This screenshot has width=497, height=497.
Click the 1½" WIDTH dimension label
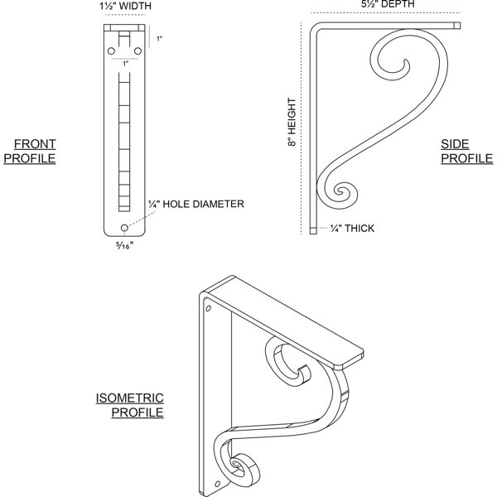125,6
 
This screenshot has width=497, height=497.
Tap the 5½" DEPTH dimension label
388,4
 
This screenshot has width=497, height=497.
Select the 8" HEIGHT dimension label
292,122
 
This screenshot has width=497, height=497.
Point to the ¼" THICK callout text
352,229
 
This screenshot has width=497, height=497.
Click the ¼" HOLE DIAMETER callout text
196,204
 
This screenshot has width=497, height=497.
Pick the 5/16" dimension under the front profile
124,245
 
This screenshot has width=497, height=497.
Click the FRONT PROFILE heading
30,152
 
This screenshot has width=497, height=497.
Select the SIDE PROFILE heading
467,152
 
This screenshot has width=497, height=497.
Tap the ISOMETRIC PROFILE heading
130,405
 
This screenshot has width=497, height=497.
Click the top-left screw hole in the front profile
111,51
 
